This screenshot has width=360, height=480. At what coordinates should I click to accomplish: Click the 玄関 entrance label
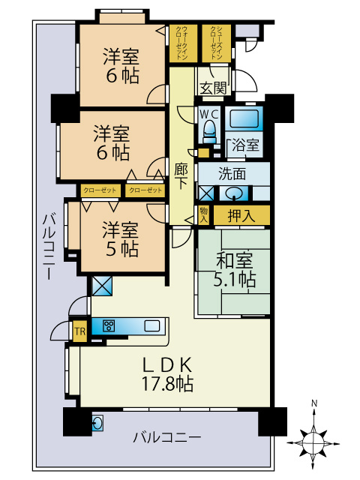213,88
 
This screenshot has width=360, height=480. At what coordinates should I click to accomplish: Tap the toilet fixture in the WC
209,131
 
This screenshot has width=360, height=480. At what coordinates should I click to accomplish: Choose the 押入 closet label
241,216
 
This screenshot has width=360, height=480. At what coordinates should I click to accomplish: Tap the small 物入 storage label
204,215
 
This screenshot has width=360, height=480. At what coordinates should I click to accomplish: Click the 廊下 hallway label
181,178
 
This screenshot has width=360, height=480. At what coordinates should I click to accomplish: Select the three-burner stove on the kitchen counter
109,325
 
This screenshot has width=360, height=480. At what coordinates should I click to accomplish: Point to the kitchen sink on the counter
152,325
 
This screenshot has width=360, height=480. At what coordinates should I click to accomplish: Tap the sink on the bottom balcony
97,422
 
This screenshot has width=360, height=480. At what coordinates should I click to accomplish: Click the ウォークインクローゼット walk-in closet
183,43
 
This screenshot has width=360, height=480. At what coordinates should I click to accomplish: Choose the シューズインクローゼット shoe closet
214,43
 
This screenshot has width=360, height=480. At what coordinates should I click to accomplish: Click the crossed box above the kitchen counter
101,286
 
